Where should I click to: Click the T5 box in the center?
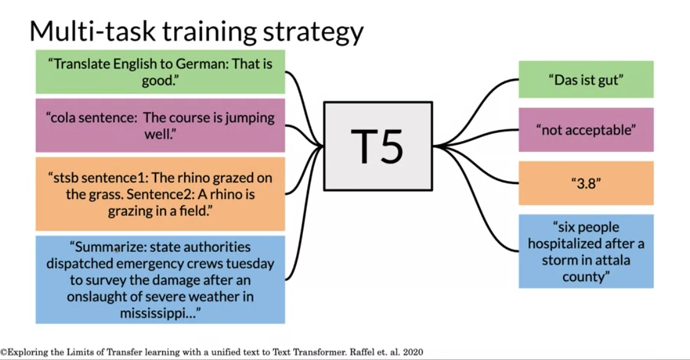click(x=378, y=146)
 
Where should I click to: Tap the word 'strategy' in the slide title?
click(x=313, y=32)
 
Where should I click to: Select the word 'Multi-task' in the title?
click(x=93, y=30)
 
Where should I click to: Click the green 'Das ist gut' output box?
click(x=585, y=80)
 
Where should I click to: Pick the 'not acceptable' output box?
click(x=585, y=130)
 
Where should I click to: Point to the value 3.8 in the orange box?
click(x=585, y=183)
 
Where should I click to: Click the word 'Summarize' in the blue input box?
click(x=111, y=247)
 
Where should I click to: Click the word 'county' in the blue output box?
click(x=583, y=277)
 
